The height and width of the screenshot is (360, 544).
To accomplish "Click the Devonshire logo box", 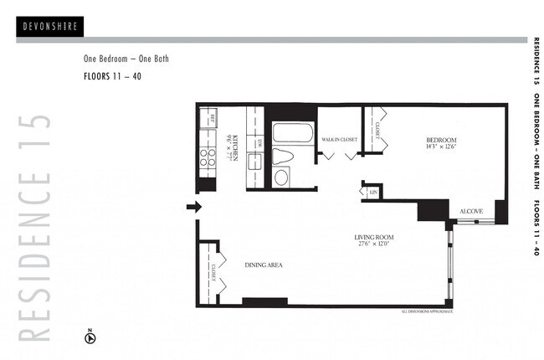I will pyautogui.click(x=49, y=27).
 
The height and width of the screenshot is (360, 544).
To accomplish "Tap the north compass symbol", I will pyautogui.click(x=90, y=337).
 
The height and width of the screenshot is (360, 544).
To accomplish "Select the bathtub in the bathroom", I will pyautogui.click(x=292, y=135).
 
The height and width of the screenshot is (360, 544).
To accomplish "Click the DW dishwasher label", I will pyautogui.click(x=259, y=142).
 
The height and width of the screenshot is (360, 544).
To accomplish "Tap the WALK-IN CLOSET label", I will pyautogui.click(x=340, y=139).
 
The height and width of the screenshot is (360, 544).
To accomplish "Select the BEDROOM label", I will pyautogui.click(x=440, y=139).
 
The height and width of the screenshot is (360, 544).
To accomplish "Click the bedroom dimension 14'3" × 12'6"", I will pyautogui.click(x=440, y=147).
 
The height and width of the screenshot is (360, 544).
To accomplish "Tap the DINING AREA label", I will pyautogui.click(x=264, y=265).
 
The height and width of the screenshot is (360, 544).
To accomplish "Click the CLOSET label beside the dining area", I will pyautogui.click(x=214, y=273).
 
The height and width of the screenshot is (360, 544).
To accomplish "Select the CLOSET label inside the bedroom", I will pyautogui.click(x=378, y=130).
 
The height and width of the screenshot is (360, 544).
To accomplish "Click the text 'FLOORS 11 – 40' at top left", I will pyautogui.click(x=112, y=76).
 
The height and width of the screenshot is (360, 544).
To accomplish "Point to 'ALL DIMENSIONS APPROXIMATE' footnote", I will pyautogui.click(x=428, y=311).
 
